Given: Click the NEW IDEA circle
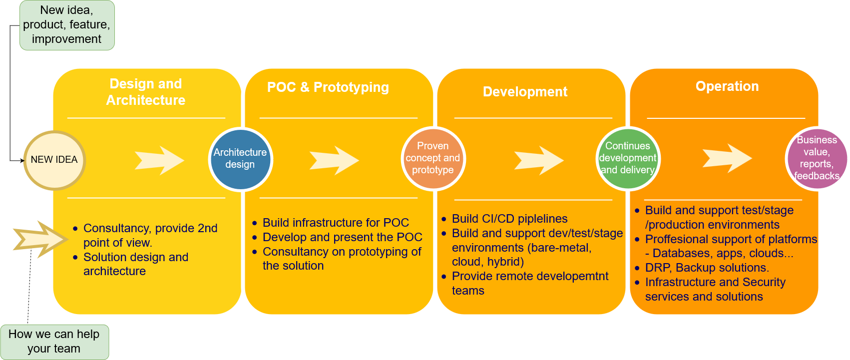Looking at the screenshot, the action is pos(54,160).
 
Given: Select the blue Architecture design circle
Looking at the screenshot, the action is pos(240,159).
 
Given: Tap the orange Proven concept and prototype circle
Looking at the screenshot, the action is pos(433,158).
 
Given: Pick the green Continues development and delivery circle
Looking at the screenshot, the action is pos(628,158).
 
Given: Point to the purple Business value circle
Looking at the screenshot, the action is pos(817,158).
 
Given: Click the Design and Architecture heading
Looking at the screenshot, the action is pos(146,92).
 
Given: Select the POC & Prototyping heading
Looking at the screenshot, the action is pos(328,87).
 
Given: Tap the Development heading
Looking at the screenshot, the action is pos(525,92).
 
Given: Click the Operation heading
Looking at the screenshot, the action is pos(727,86).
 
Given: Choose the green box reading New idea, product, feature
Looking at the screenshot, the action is pos(67,25).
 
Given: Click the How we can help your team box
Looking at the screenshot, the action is pos(54,342).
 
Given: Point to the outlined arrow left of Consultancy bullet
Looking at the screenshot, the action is pos(41,239).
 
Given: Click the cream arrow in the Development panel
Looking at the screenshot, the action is pos(539,160).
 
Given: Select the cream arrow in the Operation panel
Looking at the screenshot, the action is pos(727,158).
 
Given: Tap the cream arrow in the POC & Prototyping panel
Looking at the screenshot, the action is pos(334,160).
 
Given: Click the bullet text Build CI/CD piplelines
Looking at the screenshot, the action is pos(509,219).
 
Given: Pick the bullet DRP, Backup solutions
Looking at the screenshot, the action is pos(707,268).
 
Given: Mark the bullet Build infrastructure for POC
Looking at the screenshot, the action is pos(336,223).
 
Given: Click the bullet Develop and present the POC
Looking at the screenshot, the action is pos(342,237).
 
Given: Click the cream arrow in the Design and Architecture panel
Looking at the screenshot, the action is pos(159,160).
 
